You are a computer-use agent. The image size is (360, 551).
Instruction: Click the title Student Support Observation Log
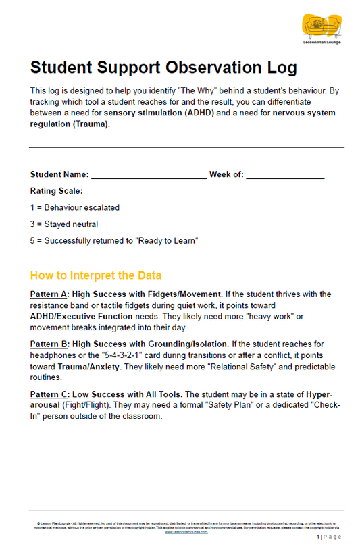163,68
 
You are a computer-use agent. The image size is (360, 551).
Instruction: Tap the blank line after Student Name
149,175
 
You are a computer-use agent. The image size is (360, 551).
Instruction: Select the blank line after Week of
285,175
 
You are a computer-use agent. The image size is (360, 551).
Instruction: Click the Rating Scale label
57,191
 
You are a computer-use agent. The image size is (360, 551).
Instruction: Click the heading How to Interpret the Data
96,275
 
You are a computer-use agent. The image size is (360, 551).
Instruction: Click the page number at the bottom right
329,537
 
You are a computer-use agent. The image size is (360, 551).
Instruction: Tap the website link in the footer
186,531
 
